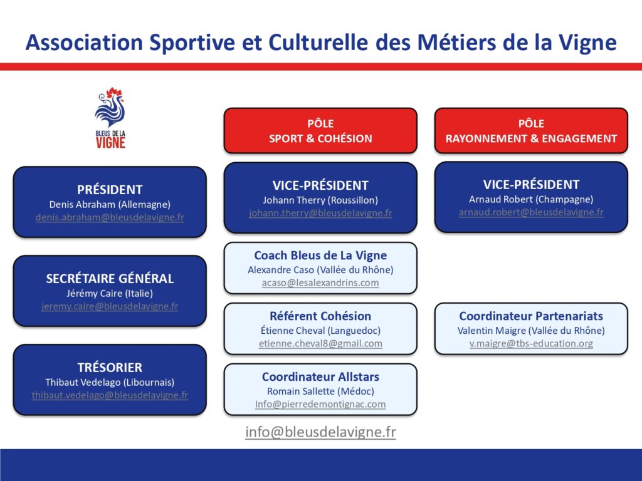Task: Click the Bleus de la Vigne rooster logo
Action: (110, 118)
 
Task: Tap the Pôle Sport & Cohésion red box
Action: (320, 131)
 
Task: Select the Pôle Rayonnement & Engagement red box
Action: (531, 131)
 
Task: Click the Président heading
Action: (110, 190)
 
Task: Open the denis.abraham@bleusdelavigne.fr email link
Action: (110, 217)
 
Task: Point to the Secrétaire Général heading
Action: (110, 279)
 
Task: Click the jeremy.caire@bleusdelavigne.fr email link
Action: (110, 306)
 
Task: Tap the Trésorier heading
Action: (110, 367)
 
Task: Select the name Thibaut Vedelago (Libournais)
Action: (110, 383)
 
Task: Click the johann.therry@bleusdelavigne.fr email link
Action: (320, 213)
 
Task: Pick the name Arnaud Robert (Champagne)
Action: (531, 200)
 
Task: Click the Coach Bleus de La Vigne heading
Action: (320, 256)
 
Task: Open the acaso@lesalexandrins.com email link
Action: (320, 282)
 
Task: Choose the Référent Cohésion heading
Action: (320, 316)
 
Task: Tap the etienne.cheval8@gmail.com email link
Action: (320, 344)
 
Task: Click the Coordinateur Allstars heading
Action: (320, 376)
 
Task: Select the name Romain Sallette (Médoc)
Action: (320, 391)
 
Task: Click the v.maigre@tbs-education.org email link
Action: (531, 344)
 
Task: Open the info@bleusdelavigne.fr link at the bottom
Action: (320, 432)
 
